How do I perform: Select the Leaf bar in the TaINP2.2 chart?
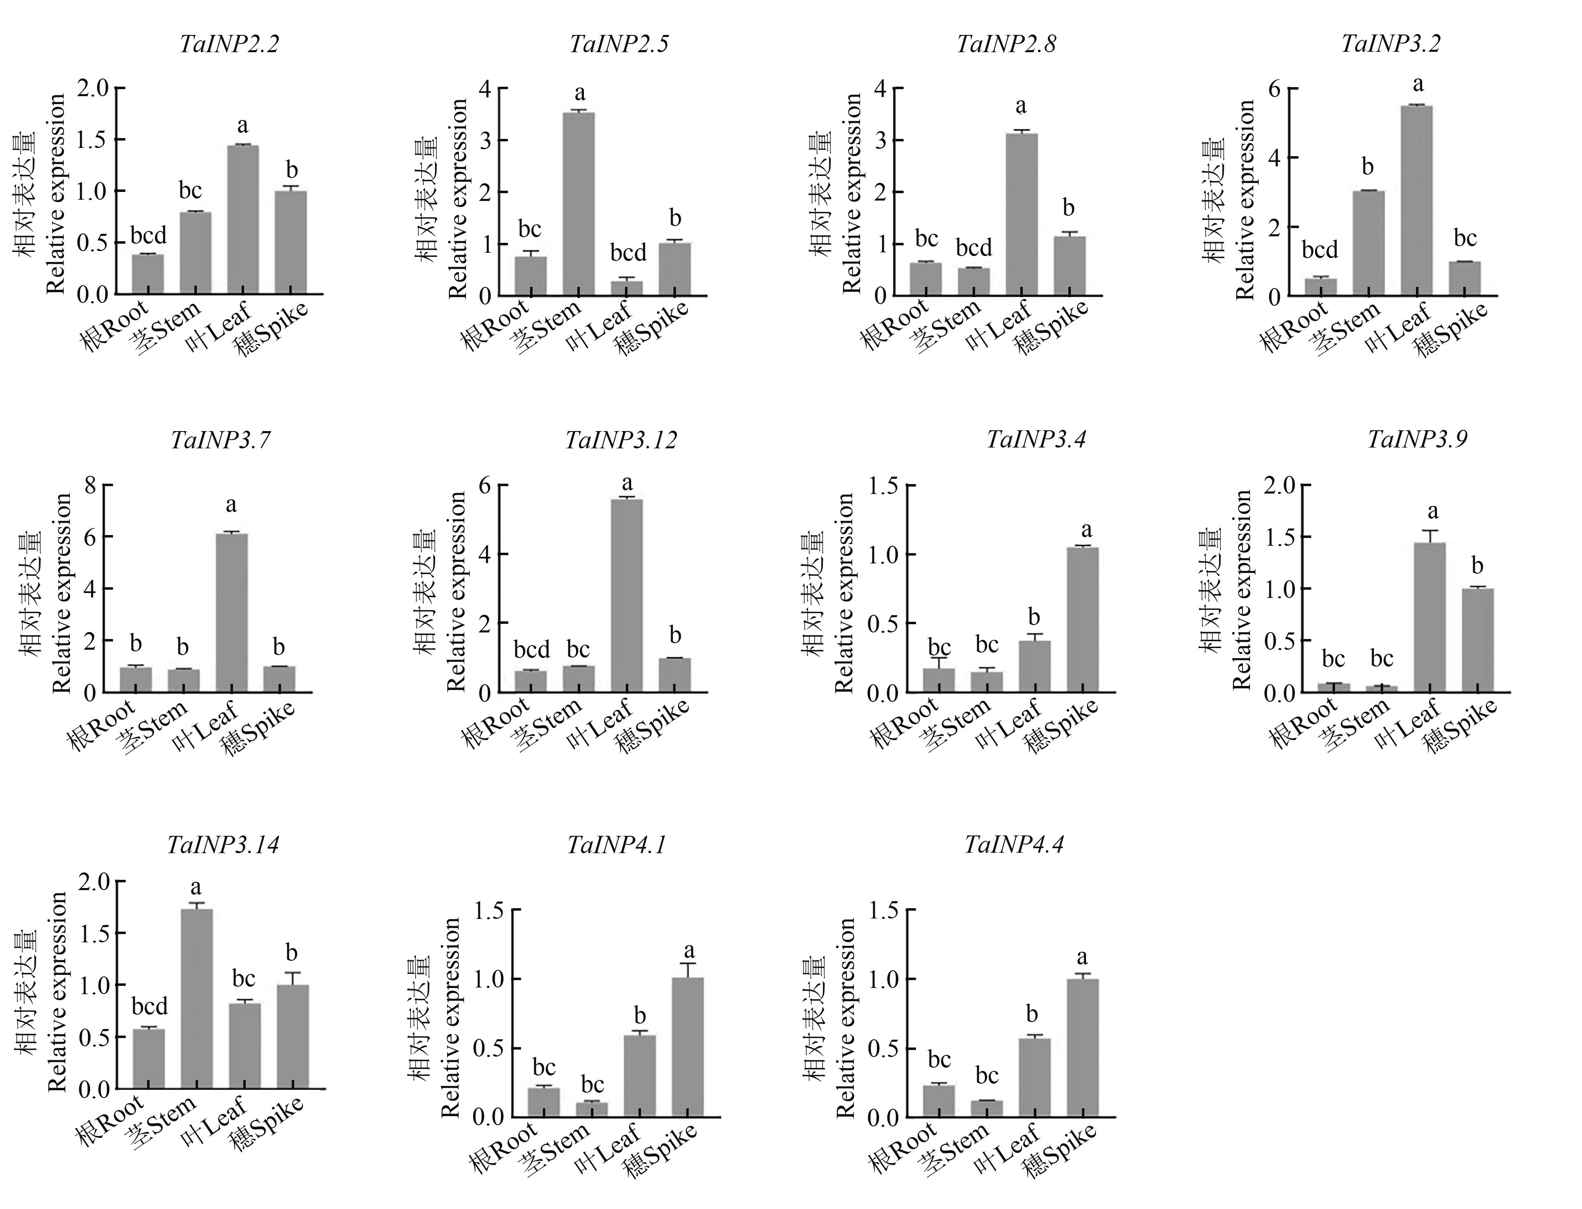click(243, 219)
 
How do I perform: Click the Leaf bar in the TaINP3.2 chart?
click(1416, 201)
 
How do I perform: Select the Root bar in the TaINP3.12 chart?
click(531, 681)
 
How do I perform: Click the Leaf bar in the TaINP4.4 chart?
click(1035, 1077)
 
